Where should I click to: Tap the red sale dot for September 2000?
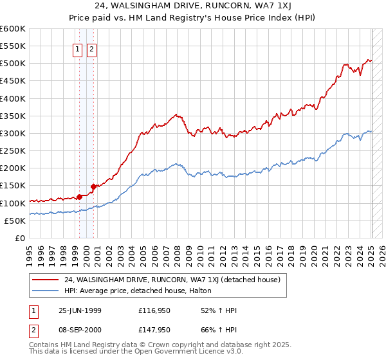pos(93,186)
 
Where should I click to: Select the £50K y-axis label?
pos(14,221)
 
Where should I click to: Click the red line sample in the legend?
pos(45,280)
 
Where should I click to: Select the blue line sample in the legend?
pos(45,291)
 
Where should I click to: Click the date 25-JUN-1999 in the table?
pos(80,310)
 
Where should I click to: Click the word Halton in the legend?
pos(208,291)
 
